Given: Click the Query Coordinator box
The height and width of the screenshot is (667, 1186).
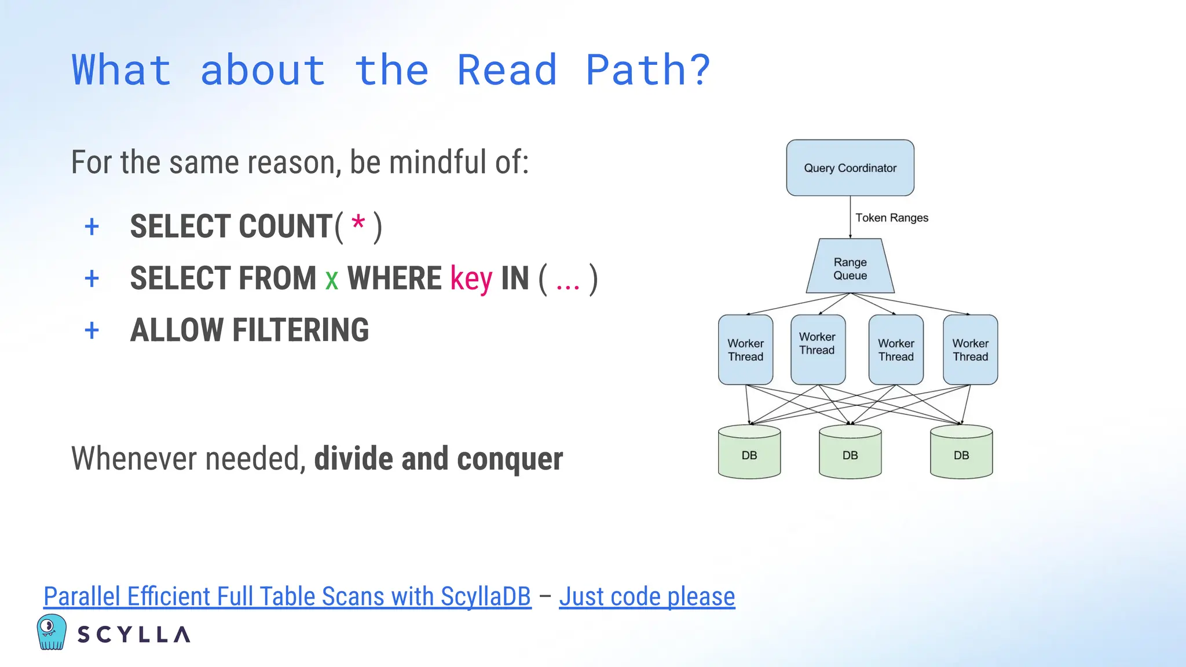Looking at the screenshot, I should (850, 168).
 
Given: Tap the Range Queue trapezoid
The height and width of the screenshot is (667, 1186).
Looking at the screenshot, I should (850, 268).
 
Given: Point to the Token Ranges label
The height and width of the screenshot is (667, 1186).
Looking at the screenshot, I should (891, 218).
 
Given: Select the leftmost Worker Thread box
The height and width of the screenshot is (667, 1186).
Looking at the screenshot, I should (745, 350).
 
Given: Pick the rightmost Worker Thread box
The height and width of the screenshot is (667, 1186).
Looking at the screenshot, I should (970, 350).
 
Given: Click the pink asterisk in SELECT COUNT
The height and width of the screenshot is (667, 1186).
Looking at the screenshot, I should (358, 223).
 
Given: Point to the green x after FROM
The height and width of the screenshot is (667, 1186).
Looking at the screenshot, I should (331, 280).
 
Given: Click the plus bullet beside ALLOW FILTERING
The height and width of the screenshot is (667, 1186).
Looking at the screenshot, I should (91, 331).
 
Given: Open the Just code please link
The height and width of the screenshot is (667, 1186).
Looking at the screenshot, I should (646, 596).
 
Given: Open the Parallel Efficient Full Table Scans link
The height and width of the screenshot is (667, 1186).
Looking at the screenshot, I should (287, 596).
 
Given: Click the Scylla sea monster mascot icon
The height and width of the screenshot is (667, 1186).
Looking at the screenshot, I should (51, 632).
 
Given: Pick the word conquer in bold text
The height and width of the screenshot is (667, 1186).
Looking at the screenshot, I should (510, 459).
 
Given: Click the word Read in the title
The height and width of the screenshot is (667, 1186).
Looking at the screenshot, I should (507, 70).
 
